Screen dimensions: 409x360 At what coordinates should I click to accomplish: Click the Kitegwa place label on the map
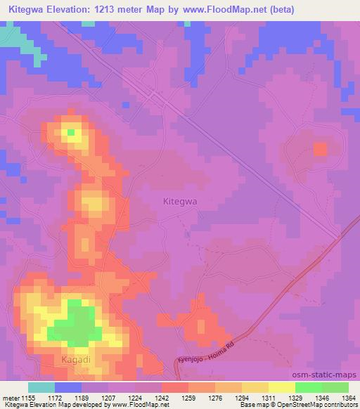(179, 201)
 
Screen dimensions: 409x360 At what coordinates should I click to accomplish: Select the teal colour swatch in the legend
(41, 387)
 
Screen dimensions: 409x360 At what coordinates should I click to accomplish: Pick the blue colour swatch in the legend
(68, 387)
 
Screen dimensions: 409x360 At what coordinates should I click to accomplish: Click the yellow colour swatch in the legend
(282, 387)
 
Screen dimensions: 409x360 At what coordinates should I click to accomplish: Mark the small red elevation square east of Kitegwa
(320, 149)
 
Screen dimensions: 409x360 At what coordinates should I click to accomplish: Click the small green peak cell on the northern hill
(70, 131)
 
